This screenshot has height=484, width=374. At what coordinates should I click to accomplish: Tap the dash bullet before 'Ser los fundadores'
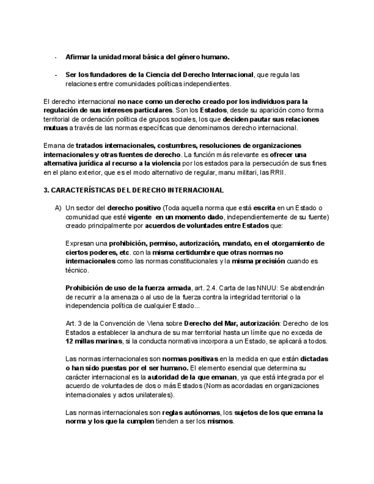(x=55, y=75)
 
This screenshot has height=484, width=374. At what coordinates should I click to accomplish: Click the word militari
(x=247, y=172)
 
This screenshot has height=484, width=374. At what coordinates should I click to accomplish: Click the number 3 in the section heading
(x=46, y=190)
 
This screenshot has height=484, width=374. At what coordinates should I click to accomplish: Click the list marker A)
(x=58, y=208)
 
